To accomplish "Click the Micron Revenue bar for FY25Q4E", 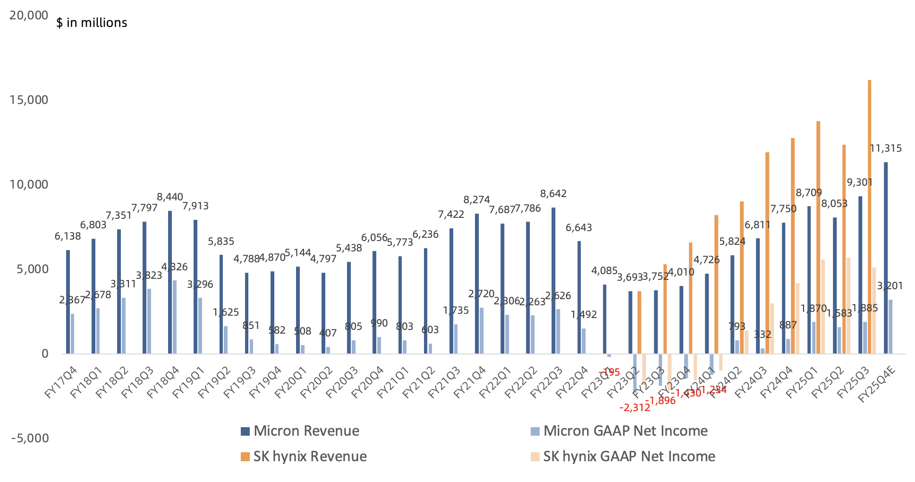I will click(x=886, y=258).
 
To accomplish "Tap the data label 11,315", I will click(x=885, y=148).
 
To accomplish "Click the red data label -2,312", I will click(x=635, y=407).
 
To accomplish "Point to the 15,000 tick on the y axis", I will click(x=29, y=100).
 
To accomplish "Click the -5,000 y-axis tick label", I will click(x=30, y=438).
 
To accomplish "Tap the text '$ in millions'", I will click(x=92, y=23).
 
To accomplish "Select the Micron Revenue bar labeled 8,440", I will click(x=170, y=282).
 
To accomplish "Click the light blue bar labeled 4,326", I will click(x=175, y=317).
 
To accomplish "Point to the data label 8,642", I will click(x=553, y=193).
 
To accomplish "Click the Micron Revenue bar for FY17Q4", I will click(x=68, y=301).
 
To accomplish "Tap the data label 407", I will click(x=328, y=333).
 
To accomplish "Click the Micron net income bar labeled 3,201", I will click(x=890, y=326).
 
